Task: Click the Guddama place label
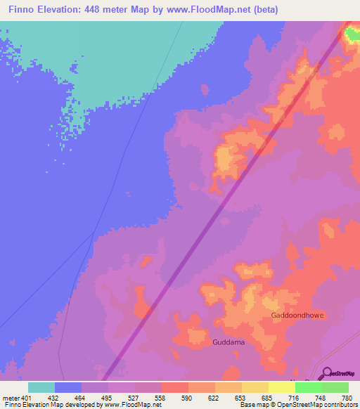[x=227, y=343]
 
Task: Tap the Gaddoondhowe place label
[x=297, y=316]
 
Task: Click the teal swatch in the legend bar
[x=41, y=388]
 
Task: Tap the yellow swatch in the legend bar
[x=282, y=388]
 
